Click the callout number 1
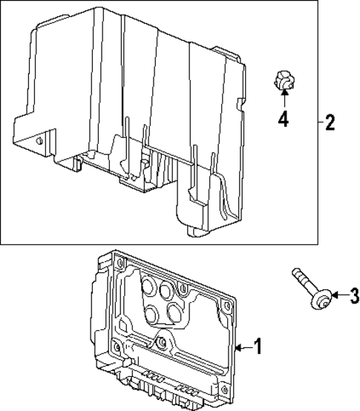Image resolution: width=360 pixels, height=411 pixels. pyautogui.click(x=258, y=346)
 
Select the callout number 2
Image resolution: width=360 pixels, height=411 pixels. pyautogui.click(x=330, y=122)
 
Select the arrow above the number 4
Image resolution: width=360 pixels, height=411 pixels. pyautogui.click(x=282, y=101)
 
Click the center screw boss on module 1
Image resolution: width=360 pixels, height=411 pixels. pyautogui.click(x=161, y=342)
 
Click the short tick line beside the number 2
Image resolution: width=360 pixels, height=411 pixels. pyautogui.click(x=320, y=122)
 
